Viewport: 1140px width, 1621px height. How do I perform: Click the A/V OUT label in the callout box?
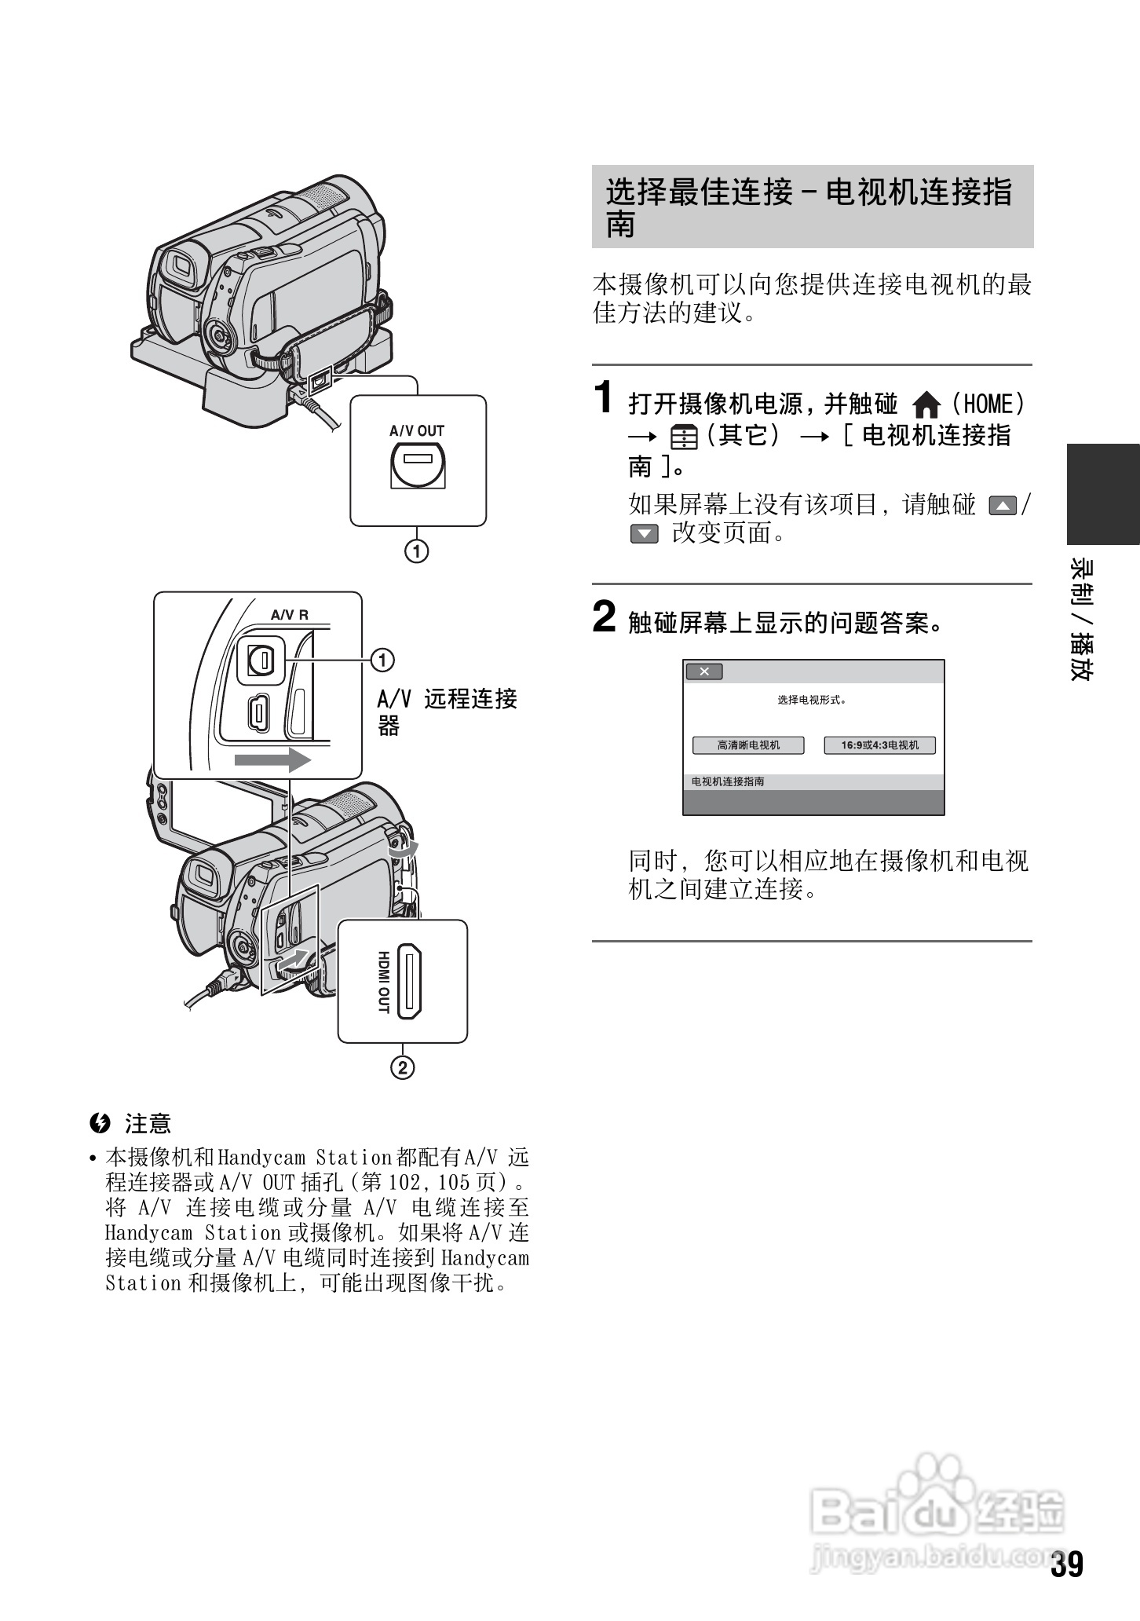click(x=417, y=430)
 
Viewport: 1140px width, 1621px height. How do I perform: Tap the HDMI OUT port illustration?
click(x=409, y=982)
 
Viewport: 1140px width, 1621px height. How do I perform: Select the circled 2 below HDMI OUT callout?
click(x=403, y=1068)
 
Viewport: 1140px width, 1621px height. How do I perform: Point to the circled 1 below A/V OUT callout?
click(x=417, y=551)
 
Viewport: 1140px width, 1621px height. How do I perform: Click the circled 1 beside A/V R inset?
click(x=382, y=661)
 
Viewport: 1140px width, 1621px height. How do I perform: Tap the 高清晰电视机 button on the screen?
click(x=748, y=745)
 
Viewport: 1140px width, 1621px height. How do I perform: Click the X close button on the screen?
click(x=704, y=671)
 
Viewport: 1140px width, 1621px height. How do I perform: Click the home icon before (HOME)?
click(x=927, y=406)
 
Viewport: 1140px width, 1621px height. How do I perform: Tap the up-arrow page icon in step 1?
click(x=1003, y=507)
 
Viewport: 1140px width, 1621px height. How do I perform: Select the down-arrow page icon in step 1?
click(x=644, y=535)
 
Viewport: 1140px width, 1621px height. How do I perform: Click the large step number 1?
click(x=603, y=397)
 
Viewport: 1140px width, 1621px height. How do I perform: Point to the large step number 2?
click(x=604, y=617)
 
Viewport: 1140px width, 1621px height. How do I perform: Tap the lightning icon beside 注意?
click(x=100, y=1124)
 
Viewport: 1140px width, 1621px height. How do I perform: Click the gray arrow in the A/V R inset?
click(x=272, y=760)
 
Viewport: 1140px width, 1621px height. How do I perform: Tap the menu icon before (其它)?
click(x=684, y=437)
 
